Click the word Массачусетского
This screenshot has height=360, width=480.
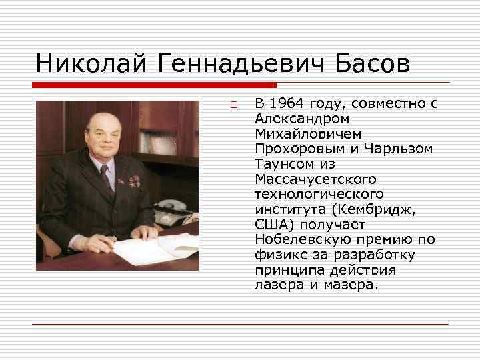click(x=315, y=179)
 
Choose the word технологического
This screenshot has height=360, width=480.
click(x=319, y=193)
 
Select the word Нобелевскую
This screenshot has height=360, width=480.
click(x=297, y=239)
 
